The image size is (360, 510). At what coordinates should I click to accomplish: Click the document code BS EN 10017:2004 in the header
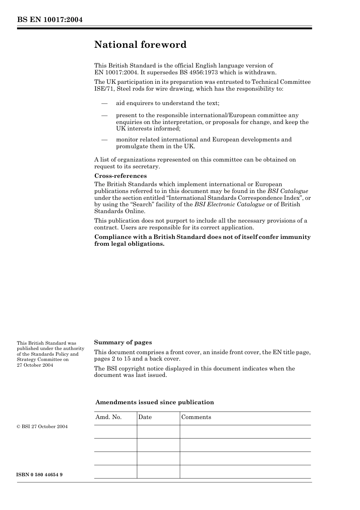[50, 20]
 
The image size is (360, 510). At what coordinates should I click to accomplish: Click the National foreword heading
[140, 45]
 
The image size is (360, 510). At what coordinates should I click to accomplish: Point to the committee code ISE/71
[103, 89]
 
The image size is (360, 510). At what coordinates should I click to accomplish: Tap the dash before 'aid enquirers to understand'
[104, 103]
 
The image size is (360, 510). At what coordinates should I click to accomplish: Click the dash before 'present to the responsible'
[104, 115]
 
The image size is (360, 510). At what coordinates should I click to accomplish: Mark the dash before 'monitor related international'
[104, 140]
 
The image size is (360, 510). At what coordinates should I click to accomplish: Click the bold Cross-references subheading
[120, 176]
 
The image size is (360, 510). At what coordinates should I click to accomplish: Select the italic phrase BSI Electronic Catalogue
[229, 204]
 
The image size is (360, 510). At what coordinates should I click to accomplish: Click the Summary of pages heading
[123, 342]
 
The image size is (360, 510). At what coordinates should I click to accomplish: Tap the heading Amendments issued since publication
[154, 402]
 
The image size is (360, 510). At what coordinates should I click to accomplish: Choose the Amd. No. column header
[108, 417]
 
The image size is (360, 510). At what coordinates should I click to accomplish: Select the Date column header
[145, 417]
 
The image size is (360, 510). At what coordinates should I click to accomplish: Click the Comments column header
[196, 417]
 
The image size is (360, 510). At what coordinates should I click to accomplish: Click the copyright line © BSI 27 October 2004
[42, 427]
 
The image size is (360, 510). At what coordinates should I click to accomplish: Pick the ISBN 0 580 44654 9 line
[39, 475]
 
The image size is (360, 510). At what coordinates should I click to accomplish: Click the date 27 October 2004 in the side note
[35, 365]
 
